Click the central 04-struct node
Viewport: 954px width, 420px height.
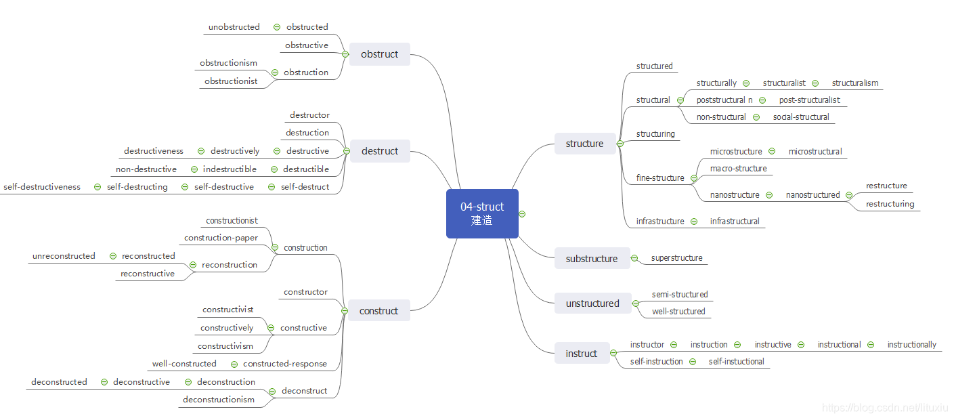[x=482, y=214]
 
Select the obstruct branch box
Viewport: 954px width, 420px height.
[x=379, y=54]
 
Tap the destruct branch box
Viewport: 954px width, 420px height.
[x=380, y=151]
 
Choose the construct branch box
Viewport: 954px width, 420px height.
[x=379, y=311]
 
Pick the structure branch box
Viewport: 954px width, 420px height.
[x=584, y=144]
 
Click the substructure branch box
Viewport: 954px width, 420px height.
[x=592, y=259]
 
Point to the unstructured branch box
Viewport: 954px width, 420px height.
[x=592, y=303]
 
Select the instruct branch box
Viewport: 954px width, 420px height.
[x=581, y=354]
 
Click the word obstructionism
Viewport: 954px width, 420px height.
[x=228, y=63]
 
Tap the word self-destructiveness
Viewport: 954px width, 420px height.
[x=42, y=187]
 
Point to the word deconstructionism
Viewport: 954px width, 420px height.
[x=219, y=400]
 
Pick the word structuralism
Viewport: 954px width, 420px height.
[x=855, y=83]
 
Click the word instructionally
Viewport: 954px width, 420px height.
[x=912, y=345]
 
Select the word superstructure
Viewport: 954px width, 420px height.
[x=677, y=258]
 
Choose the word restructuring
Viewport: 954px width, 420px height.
[x=890, y=204]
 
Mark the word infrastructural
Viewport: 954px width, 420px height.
[x=735, y=222]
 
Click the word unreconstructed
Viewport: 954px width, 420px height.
[x=64, y=256]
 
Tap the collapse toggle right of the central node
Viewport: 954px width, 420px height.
[x=522, y=214]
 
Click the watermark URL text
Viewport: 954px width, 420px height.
[x=885, y=408]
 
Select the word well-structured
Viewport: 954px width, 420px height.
[x=678, y=312]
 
